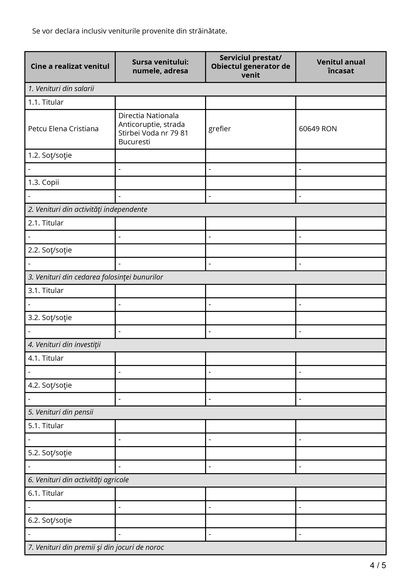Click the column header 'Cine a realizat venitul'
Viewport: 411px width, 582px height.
click(70, 66)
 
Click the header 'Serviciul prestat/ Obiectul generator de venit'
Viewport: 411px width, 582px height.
click(251, 66)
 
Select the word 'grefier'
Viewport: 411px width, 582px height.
click(220, 129)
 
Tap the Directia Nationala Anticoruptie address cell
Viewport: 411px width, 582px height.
click(153, 129)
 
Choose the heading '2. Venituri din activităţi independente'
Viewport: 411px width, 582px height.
click(88, 209)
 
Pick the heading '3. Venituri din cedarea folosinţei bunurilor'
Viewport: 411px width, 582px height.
click(95, 277)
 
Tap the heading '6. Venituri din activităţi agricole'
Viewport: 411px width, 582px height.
click(78, 480)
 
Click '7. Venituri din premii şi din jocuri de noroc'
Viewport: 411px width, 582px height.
click(96, 547)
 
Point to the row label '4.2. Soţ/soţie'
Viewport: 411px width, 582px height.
click(50, 385)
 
